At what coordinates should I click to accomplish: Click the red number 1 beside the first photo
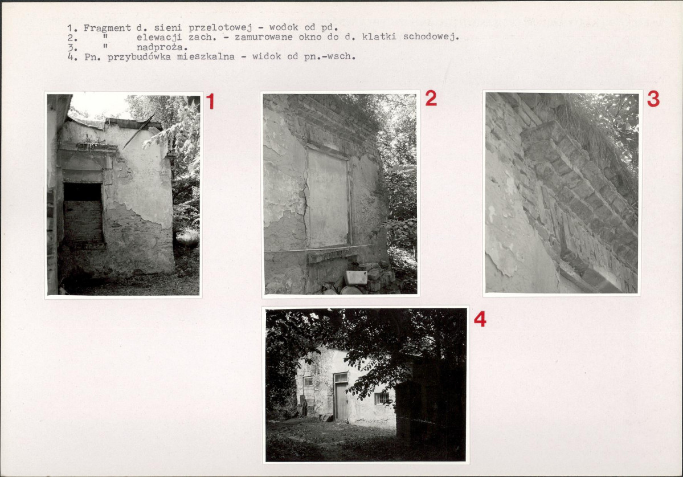(210, 101)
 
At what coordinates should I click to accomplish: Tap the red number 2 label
(431, 99)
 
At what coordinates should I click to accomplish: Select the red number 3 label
(653, 99)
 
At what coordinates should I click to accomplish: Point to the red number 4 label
(480, 319)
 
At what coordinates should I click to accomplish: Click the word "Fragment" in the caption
(107, 28)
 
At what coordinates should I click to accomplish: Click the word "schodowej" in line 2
(430, 36)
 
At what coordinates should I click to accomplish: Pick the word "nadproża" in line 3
(161, 47)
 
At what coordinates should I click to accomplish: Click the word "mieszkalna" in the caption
(206, 56)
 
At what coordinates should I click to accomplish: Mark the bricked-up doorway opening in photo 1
(83, 214)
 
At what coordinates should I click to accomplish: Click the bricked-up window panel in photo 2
(328, 198)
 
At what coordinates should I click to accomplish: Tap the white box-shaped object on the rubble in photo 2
(356, 278)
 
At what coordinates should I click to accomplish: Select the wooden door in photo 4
(341, 400)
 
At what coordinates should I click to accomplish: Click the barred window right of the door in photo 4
(382, 398)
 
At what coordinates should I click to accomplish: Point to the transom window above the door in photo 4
(341, 377)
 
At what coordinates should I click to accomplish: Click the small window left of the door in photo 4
(308, 382)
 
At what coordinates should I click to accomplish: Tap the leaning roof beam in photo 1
(138, 132)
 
